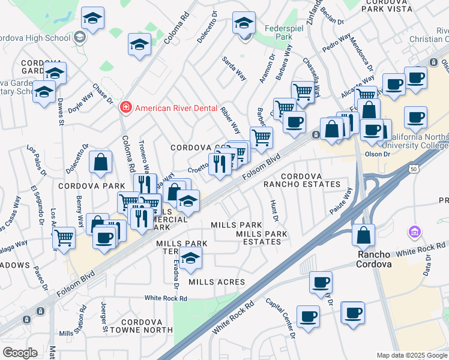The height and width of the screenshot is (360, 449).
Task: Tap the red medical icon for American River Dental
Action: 126,108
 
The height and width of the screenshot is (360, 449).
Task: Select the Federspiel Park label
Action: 278,32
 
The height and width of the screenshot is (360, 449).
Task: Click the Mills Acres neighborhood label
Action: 217,282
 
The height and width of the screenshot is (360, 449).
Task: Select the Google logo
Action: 20,353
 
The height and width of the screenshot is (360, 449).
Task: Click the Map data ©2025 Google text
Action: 412,355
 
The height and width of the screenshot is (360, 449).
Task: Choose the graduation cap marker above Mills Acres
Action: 191,258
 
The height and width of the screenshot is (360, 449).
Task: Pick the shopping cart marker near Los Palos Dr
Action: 64,238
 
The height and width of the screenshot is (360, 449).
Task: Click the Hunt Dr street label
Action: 274,210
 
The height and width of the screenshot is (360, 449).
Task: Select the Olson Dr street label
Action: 378,154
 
